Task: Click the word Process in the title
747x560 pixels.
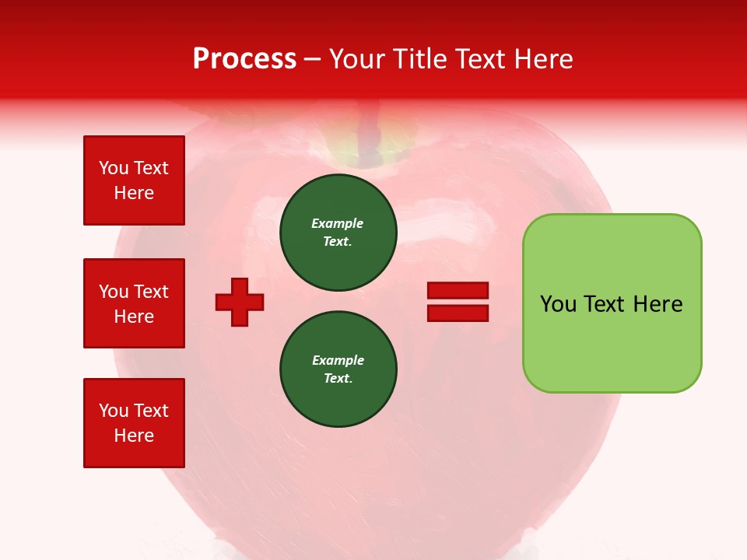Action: point(244,59)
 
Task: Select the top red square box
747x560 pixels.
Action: point(134,180)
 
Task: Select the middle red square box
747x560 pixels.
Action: point(134,303)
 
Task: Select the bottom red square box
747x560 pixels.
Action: point(134,423)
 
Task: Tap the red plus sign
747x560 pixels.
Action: point(240,301)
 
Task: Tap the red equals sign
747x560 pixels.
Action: point(458,302)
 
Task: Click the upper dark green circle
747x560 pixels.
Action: point(338,233)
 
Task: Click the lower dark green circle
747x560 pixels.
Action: point(338,369)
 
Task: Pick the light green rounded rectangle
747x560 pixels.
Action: point(612,303)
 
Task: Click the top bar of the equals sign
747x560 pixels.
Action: point(458,291)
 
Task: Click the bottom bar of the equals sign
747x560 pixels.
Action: point(458,313)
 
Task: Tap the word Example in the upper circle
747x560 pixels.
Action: point(337,223)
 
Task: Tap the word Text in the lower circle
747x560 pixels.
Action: point(337,378)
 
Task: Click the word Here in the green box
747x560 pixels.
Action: point(658,304)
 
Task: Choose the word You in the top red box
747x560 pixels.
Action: point(114,168)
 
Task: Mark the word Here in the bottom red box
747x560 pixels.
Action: point(134,436)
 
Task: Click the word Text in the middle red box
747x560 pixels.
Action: point(151,292)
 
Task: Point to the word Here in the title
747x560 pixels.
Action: point(543,59)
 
